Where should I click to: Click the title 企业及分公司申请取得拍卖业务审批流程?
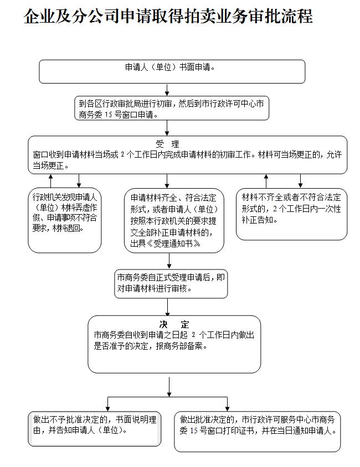[168, 16]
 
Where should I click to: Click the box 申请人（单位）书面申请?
[172, 71]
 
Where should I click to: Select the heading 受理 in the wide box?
[167, 144]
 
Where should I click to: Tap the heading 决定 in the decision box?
[174, 324]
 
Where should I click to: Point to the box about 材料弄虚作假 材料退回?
[65, 220]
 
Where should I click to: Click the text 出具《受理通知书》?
[166, 243]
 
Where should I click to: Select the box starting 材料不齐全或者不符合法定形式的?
[291, 214]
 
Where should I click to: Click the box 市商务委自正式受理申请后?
[171, 284]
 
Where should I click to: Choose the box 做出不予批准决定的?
[95, 429]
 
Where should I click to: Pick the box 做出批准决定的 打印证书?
[257, 432]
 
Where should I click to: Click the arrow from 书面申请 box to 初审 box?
[167, 90]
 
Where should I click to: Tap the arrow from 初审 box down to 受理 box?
[167, 128]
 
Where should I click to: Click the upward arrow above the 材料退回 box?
[50, 181]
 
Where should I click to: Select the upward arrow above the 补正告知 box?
[266, 181]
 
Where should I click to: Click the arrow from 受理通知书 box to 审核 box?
[169, 261]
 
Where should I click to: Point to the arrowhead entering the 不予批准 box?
[108, 408]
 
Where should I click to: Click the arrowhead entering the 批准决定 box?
[228, 408]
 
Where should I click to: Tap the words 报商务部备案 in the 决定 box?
[181, 346]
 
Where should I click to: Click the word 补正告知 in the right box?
[259, 220]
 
